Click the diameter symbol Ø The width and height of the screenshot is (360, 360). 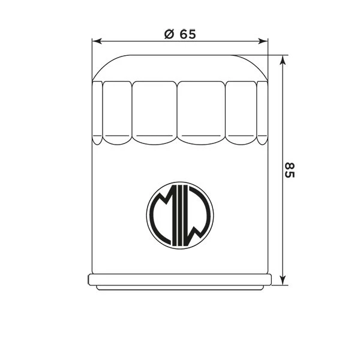tap(169, 34)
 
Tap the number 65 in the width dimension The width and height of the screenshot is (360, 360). tap(187, 34)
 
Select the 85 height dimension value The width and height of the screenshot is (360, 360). tap(290, 170)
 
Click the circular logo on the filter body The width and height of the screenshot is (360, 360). tap(179, 214)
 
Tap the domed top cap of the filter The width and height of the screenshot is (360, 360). tap(179, 67)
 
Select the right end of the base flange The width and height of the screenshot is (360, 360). tap(269, 280)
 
